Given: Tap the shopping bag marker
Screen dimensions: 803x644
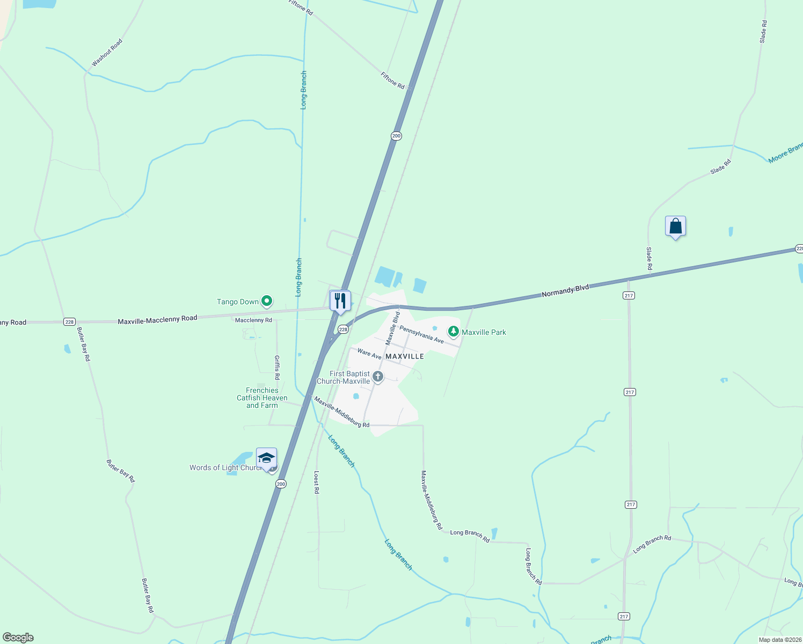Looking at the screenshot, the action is click(675, 226).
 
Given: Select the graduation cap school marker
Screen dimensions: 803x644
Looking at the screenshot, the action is click(266, 458).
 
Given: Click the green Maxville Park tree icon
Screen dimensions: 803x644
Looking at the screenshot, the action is click(454, 332).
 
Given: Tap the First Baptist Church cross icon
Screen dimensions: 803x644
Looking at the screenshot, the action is click(378, 377).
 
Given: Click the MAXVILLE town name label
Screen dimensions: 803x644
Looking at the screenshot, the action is click(405, 356).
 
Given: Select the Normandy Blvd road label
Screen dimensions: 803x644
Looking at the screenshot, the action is click(565, 291).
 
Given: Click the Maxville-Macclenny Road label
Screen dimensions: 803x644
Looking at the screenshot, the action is click(157, 319).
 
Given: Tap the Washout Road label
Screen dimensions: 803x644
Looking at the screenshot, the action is click(107, 53).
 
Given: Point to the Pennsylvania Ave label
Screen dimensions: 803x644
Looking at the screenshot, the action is click(421, 334).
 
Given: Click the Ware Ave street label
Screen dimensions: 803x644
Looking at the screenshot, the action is click(369, 354).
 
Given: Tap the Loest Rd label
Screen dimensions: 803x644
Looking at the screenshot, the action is click(317, 482).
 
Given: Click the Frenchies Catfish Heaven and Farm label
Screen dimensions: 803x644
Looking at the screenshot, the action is click(262, 398).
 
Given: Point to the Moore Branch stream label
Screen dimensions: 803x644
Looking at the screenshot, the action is click(785, 153).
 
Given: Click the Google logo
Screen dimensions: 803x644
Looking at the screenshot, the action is click(18, 638).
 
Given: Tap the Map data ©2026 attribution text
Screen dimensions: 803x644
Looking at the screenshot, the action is click(780, 640).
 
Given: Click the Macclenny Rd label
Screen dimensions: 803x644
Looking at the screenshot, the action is click(253, 320).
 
